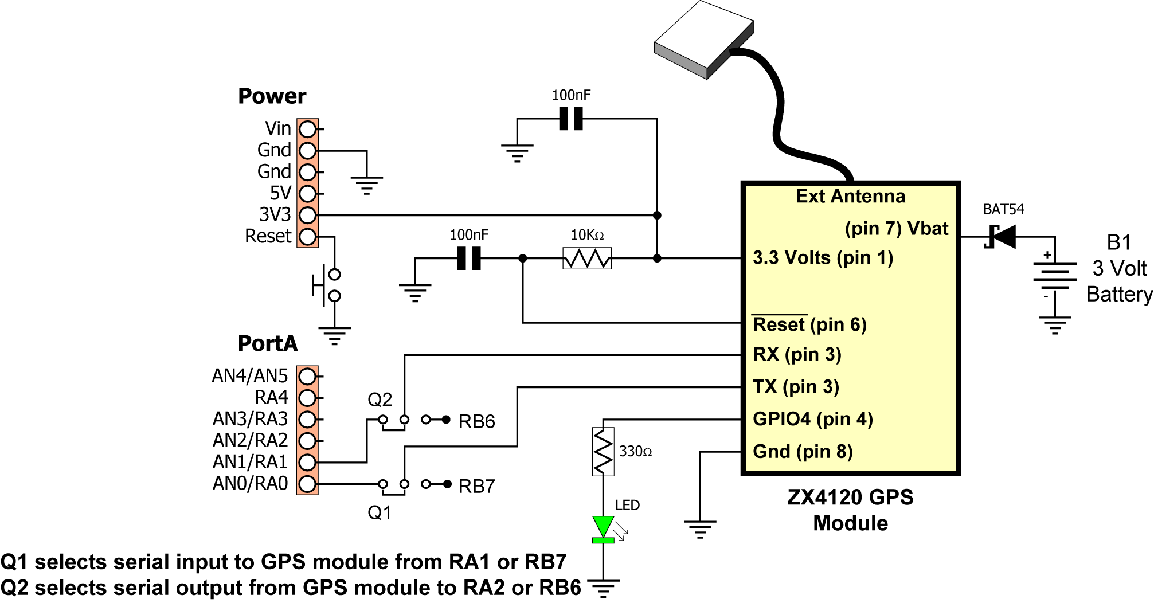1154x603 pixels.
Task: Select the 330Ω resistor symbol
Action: point(603,452)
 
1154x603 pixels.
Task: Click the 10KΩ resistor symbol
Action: point(587,259)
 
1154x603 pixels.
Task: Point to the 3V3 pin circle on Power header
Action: point(308,215)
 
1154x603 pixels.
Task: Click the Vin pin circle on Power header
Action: point(308,129)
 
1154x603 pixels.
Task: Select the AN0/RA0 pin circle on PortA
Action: point(308,484)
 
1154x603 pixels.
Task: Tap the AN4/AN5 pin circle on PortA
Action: point(308,376)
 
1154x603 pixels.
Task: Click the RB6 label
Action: point(476,422)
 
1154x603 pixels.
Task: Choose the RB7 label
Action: point(476,487)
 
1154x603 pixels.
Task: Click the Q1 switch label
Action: point(380,512)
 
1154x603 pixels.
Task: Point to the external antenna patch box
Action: point(704,39)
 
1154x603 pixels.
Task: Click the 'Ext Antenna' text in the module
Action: point(851,197)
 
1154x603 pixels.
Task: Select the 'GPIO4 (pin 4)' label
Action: point(813,419)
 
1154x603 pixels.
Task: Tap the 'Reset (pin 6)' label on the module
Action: point(809,324)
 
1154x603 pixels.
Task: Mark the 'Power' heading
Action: point(272,96)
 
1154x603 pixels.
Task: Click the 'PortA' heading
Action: point(268,343)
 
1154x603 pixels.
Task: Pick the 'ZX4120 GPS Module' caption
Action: point(851,510)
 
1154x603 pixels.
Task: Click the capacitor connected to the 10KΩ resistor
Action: point(469,259)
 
